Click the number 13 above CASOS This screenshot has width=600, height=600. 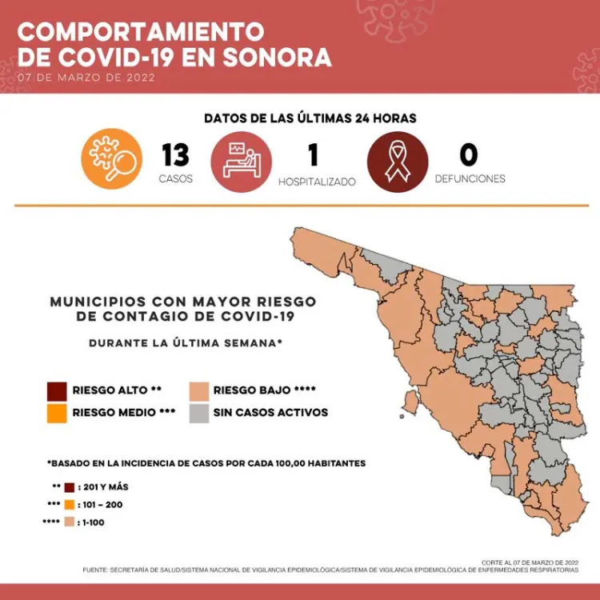175,154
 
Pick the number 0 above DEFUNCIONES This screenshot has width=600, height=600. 469,154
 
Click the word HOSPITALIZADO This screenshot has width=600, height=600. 317,182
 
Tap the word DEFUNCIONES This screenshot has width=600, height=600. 470,178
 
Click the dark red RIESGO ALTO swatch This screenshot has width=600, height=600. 57,390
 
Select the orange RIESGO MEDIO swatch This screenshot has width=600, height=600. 57,413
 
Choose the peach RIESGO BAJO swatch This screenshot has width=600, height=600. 198,390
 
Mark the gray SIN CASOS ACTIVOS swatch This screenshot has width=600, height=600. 198,413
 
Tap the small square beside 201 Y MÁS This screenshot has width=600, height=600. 70,487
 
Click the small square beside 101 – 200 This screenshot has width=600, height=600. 70,505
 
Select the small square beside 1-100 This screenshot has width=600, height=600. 70,522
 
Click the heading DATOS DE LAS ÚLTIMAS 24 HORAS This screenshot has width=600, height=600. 310,118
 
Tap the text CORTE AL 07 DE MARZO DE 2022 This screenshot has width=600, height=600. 530,562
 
